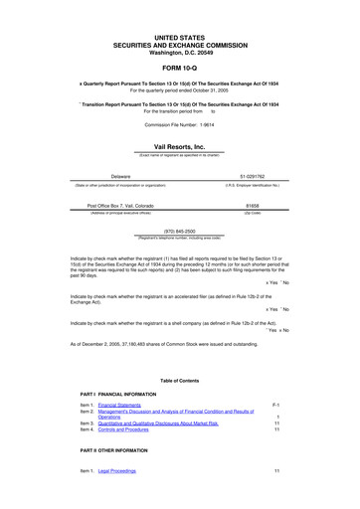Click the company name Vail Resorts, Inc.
(179, 146)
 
